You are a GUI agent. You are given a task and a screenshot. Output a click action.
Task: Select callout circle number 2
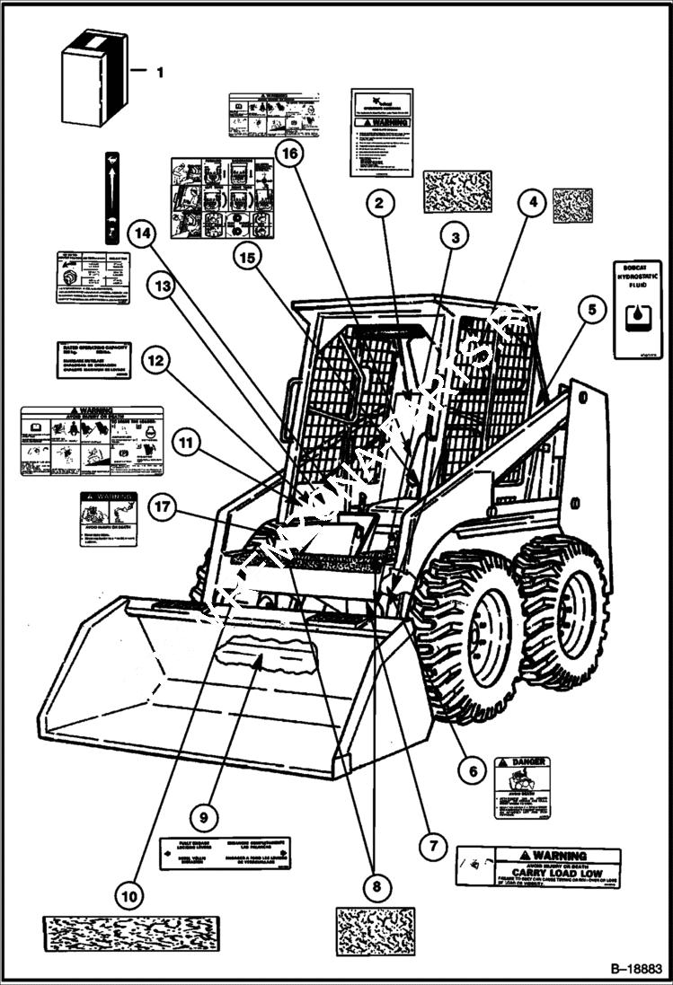click(380, 204)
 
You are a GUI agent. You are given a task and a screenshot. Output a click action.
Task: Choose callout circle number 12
click(155, 361)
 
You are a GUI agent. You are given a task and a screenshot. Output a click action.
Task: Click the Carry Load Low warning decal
click(537, 866)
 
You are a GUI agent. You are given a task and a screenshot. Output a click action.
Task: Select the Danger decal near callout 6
click(522, 787)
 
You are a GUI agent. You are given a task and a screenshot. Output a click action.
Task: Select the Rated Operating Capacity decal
click(94, 359)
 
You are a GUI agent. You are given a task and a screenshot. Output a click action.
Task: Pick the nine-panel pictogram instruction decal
click(222, 197)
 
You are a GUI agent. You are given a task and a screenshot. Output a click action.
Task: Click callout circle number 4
click(533, 203)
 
